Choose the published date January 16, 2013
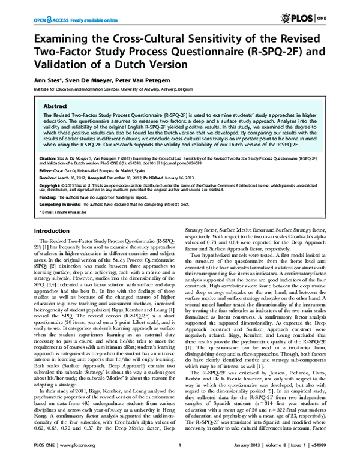[x=190, y=178]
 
